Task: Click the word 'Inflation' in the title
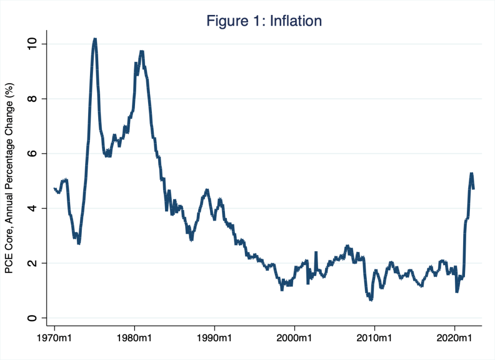[293, 21]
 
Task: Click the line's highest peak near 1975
[95, 39]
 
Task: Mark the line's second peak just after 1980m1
[141, 51]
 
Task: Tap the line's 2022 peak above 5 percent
[471, 173]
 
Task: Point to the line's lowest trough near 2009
[371, 300]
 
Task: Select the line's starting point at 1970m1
[54, 188]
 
